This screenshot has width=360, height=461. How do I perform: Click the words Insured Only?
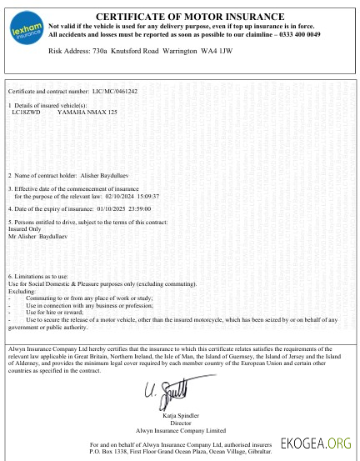[23, 227]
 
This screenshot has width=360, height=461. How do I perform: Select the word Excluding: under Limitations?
[22, 292]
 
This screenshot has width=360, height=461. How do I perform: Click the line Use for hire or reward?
[60, 311]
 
